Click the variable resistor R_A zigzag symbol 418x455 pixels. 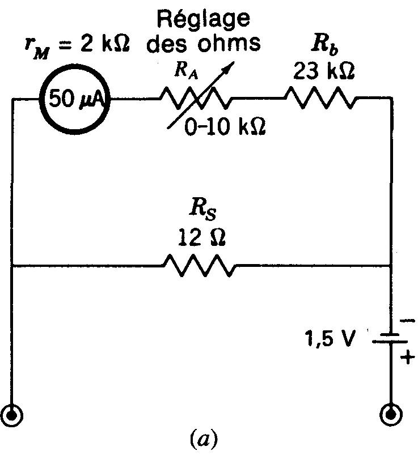(x=196, y=99)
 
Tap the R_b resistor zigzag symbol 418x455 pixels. (x=322, y=99)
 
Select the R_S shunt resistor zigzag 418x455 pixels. (x=199, y=265)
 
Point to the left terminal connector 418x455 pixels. (x=12, y=415)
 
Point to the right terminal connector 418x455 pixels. (x=391, y=415)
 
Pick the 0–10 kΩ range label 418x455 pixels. (x=225, y=129)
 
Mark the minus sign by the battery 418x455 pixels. (x=407, y=321)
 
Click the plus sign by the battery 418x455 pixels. (x=407, y=358)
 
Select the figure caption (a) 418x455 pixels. (x=202, y=439)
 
